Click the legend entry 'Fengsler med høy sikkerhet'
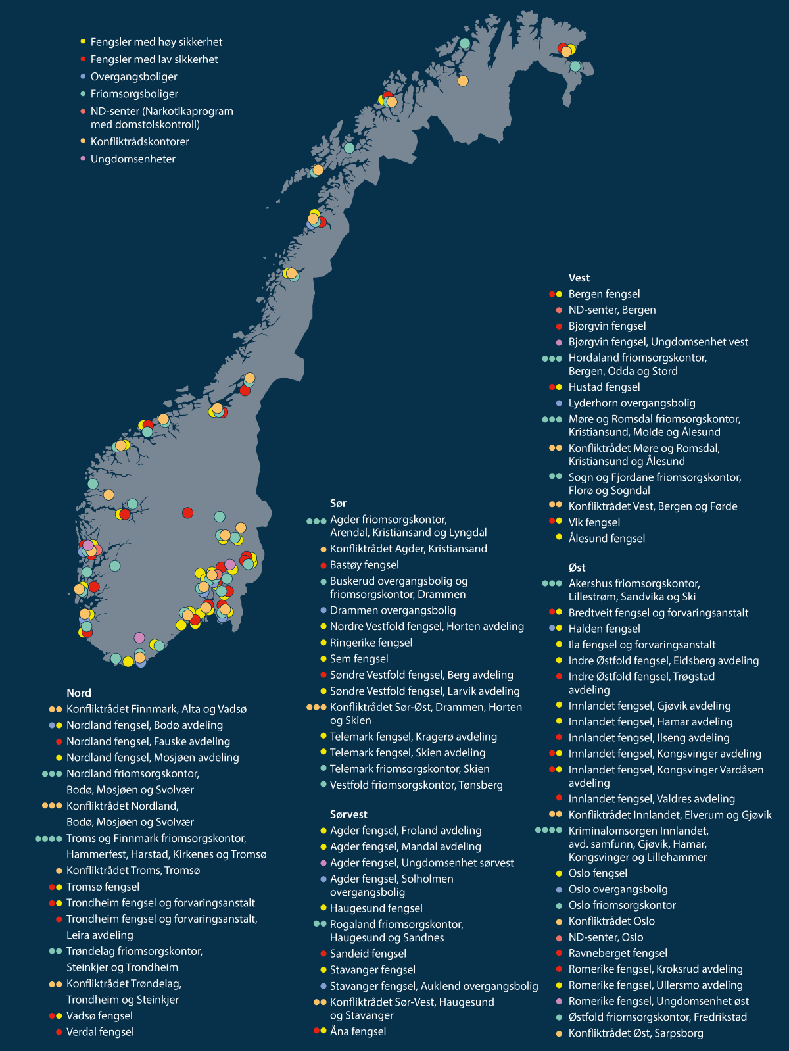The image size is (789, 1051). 156,42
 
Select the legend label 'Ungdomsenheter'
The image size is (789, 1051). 133,159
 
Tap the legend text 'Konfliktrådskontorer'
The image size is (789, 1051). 139,141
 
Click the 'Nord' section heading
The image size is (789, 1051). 79,693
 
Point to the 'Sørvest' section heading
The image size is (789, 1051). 348,814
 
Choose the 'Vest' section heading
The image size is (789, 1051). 579,278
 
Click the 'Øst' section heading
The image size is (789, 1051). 577,568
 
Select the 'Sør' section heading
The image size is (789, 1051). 338,503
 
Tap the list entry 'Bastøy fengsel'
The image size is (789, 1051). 364,565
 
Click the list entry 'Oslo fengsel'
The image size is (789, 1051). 598,873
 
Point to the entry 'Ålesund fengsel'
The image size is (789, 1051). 606,538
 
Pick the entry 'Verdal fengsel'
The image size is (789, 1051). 100,1032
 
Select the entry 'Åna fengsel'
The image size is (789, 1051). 358,1031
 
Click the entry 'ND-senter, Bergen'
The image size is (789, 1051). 611,310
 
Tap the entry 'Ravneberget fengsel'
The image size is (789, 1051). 617,953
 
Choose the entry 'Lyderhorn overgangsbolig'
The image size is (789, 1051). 631,403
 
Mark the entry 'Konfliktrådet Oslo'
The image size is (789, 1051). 611,921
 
